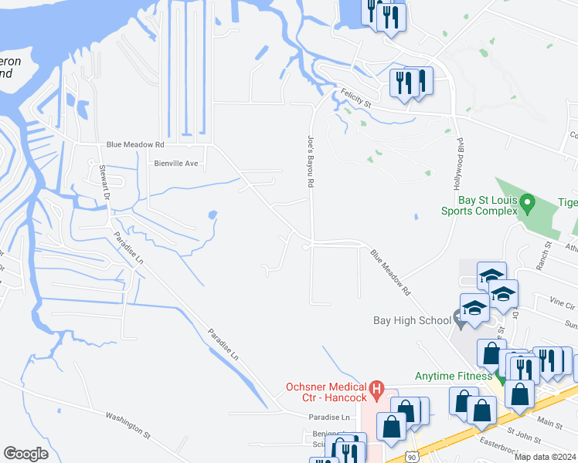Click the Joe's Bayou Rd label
point(310,163)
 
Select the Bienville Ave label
point(177,164)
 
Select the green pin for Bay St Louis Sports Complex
point(529,203)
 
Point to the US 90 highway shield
point(416,457)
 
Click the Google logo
point(26,454)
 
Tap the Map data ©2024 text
point(545,457)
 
